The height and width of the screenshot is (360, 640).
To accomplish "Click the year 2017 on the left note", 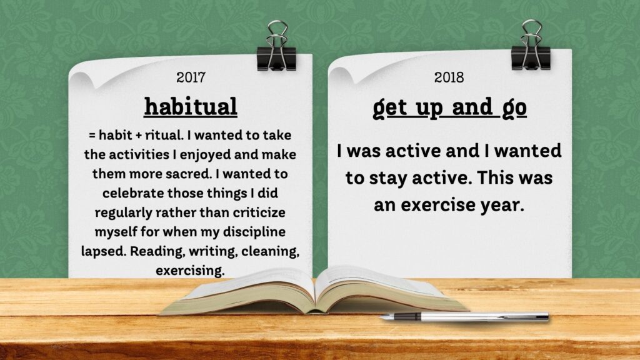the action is click(191, 77).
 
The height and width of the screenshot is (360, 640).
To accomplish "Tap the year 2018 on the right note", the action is click(449, 77).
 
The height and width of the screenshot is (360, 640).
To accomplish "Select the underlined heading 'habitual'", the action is click(191, 106).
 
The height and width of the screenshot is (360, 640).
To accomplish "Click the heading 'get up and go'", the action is click(449, 108).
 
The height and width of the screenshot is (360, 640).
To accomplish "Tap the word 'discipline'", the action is click(254, 232).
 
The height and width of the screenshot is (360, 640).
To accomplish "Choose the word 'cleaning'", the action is click(270, 251).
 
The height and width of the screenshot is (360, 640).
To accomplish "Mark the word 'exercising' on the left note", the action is click(190, 271).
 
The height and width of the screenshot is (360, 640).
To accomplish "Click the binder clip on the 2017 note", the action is click(277, 47).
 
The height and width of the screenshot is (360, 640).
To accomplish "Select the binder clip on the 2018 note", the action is click(531, 46).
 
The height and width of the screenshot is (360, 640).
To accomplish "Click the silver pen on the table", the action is click(464, 317).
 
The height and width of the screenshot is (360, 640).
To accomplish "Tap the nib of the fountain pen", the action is click(386, 317).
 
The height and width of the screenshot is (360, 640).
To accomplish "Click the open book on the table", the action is click(314, 291).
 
